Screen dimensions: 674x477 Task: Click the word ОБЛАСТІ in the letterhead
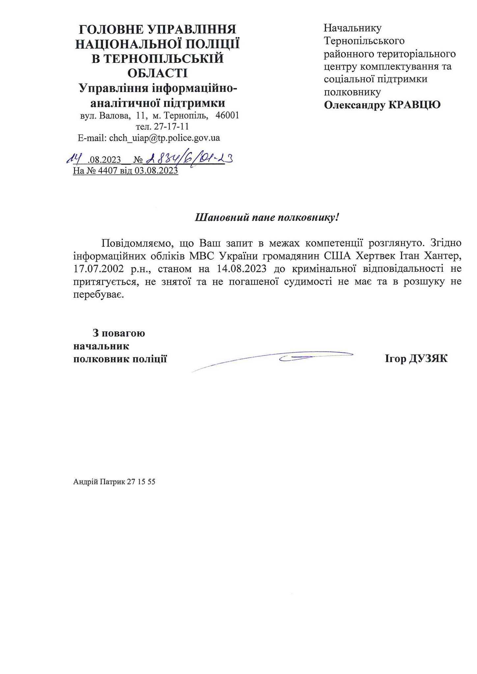tap(157, 73)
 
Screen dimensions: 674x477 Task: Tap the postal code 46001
tap(227, 116)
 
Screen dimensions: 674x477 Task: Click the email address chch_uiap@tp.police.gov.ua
tap(164, 138)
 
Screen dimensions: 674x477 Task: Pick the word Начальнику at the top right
tap(353, 28)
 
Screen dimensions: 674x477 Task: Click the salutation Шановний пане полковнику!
tap(267, 218)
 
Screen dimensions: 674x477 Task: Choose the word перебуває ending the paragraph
tap(98, 295)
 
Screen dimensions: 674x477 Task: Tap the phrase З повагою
tap(119, 333)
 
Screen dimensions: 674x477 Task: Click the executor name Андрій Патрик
tap(99, 482)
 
